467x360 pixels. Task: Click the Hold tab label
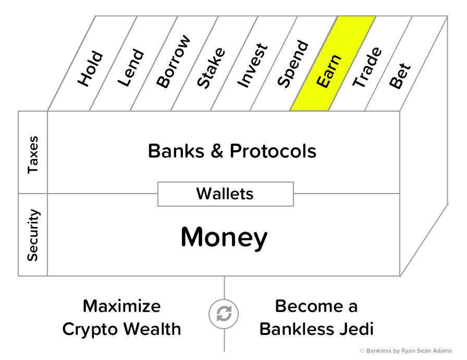(x=90, y=68)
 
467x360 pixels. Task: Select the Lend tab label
(x=130, y=67)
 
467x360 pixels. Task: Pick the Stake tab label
(x=211, y=67)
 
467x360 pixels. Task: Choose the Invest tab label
(x=252, y=65)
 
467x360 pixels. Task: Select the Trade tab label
(x=367, y=67)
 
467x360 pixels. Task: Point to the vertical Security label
(x=33, y=235)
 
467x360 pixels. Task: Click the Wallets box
(x=225, y=194)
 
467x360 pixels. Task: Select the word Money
(x=224, y=238)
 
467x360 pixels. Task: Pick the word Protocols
(x=273, y=151)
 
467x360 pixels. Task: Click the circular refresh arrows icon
(x=224, y=315)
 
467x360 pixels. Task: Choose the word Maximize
(x=122, y=306)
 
